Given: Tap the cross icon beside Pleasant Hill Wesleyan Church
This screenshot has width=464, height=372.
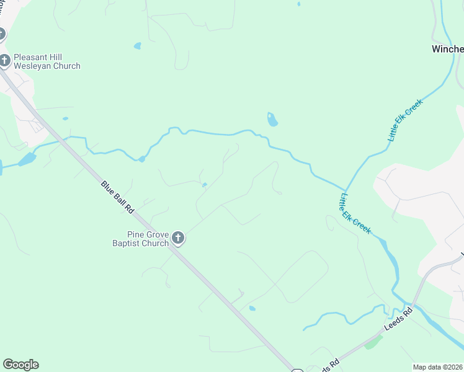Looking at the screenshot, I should point(5,60).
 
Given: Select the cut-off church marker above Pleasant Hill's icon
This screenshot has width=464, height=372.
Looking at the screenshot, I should point(2,34).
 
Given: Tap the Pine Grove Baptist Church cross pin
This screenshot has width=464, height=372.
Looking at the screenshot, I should point(178,238).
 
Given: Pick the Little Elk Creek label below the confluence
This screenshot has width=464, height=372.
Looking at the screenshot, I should point(355,213).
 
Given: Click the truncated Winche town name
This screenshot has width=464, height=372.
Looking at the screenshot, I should point(447,49).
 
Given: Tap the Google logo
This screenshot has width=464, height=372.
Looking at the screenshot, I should point(20,365).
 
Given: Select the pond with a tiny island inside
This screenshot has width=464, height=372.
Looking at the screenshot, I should point(272,119).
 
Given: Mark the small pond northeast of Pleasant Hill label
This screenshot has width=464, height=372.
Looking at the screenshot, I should point(137,45).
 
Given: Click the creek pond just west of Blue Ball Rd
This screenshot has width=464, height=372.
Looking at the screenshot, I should point(27,159).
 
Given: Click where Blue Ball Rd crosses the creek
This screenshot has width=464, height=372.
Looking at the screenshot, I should point(66,138).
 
